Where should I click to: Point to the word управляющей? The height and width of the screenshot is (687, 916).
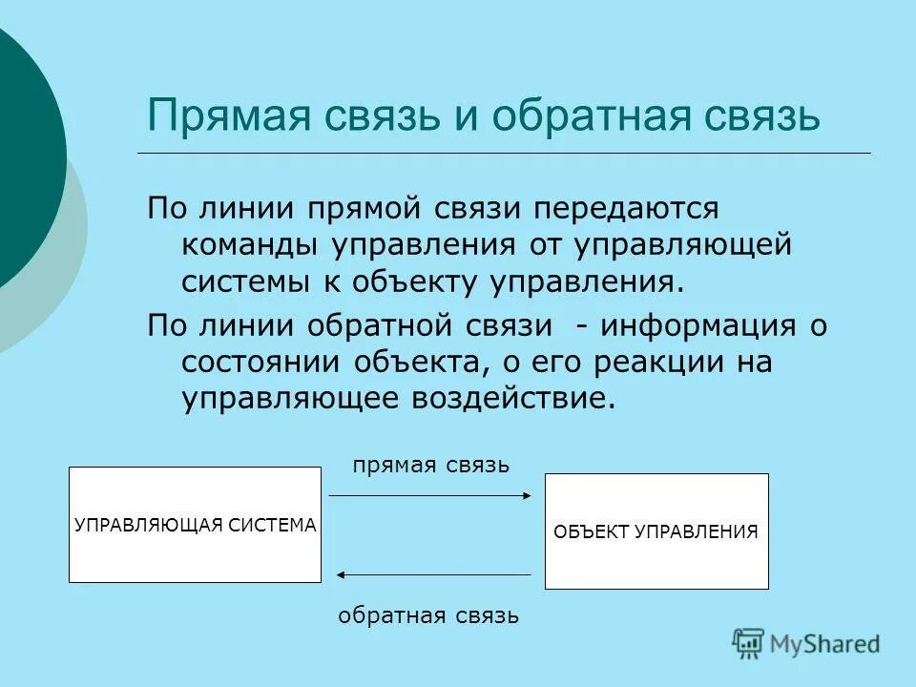pos(683,244)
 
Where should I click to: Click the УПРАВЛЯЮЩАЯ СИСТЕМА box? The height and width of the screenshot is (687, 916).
pos(195,525)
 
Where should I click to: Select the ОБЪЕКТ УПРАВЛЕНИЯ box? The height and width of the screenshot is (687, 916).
pos(656,531)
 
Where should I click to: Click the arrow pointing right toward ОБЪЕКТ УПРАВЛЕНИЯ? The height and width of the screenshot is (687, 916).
pos(429,495)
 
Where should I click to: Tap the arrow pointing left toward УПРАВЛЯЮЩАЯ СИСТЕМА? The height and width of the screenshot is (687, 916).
pos(434,574)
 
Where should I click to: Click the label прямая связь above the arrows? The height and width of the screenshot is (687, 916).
pos(431,465)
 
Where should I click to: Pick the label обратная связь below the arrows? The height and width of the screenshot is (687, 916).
pos(428,615)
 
